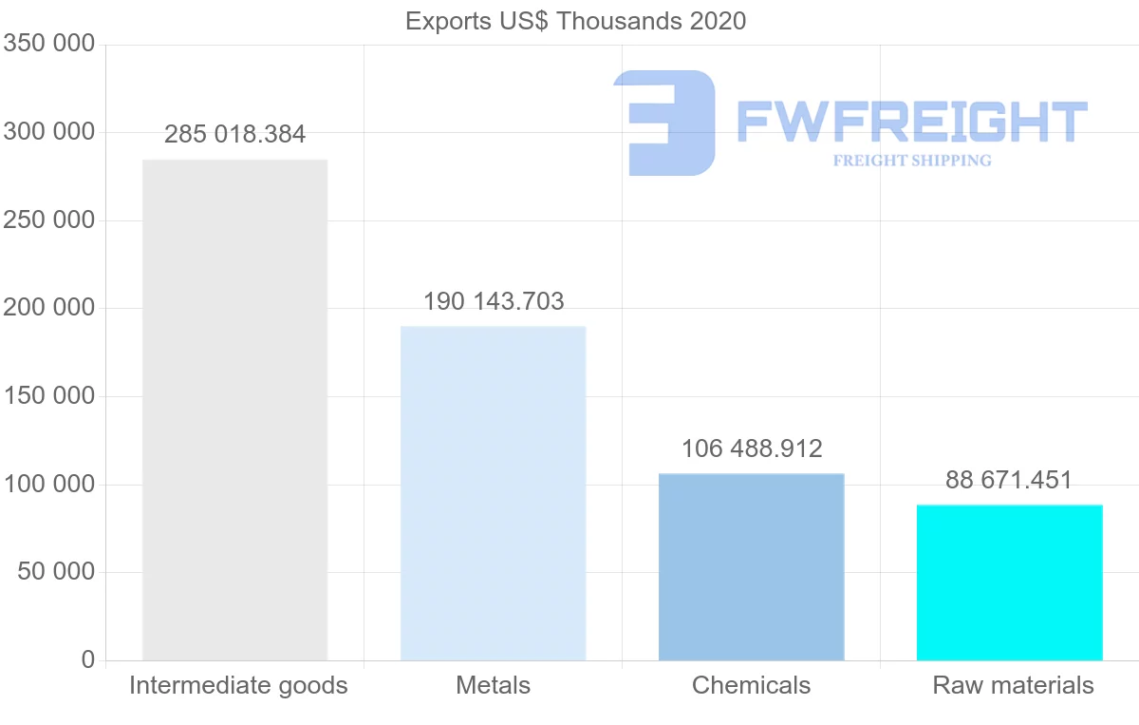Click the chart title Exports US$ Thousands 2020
click(575, 22)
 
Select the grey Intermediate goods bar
click(235, 410)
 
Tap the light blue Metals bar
click(494, 494)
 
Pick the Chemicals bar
click(752, 567)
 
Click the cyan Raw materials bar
click(1010, 583)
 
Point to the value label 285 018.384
click(235, 134)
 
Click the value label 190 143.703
click(494, 301)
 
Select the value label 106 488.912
click(752, 449)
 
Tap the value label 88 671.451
click(1009, 480)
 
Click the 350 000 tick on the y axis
click(48, 44)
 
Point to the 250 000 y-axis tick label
click(48, 219)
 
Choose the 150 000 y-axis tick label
click(48, 396)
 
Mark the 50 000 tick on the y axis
click(56, 572)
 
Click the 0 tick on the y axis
click(88, 659)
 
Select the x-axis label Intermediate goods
click(238, 686)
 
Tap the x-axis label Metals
click(494, 685)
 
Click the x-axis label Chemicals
click(751, 685)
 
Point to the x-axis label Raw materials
click(1013, 685)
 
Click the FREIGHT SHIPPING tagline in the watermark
click(912, 161)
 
